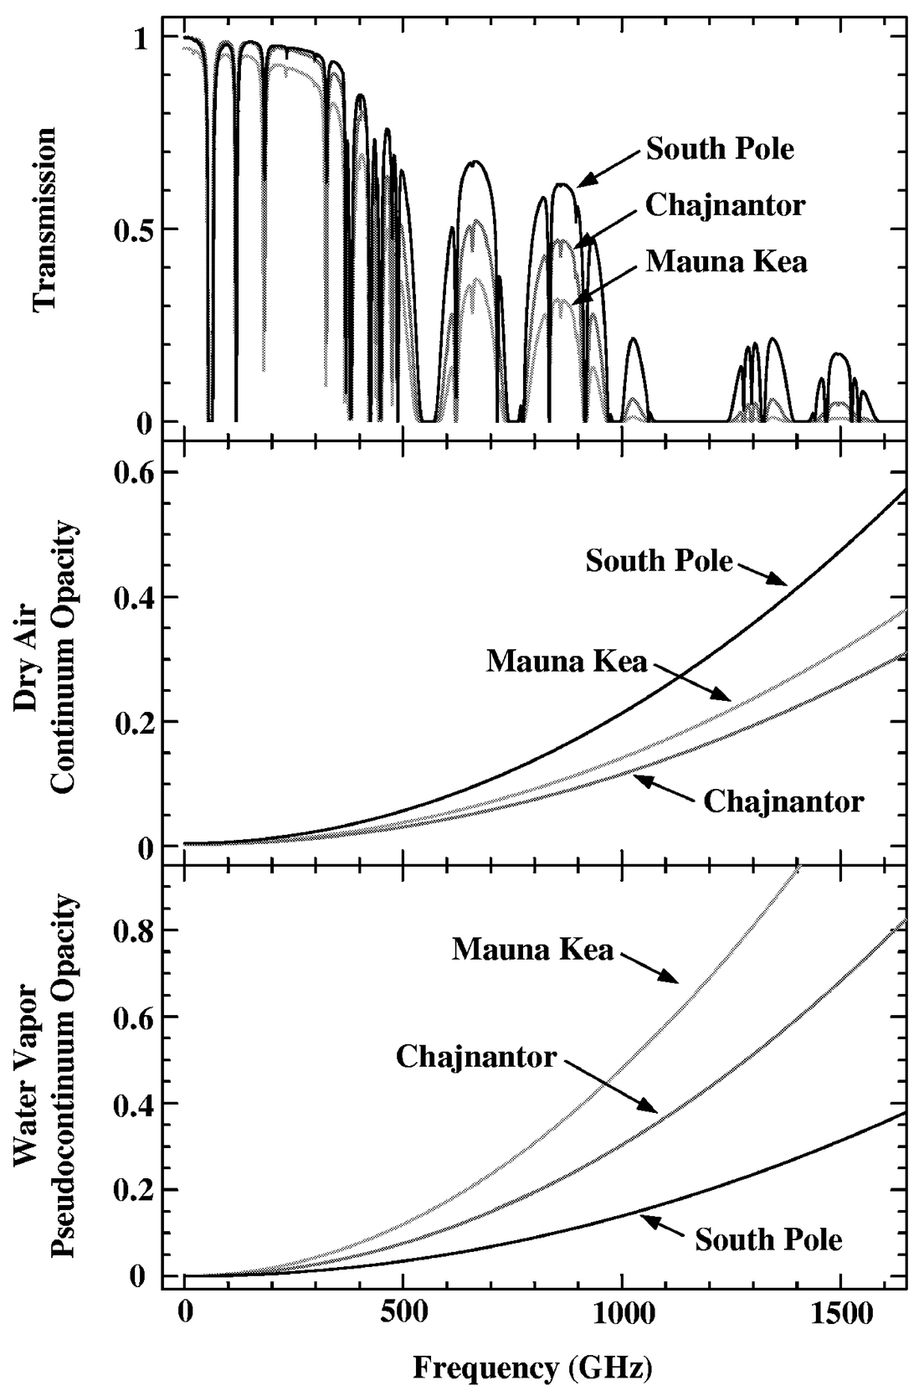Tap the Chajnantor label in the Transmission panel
point(725,205)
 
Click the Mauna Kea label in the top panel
point(726,262)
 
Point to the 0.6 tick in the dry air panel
point(134,473)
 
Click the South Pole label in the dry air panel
point(659,560)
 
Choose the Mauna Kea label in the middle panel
point(567,662)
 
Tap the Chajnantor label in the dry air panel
point(783,801)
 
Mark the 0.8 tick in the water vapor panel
point(134,930)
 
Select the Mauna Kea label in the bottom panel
point(533,949)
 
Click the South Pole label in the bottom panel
point(768,1239)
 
